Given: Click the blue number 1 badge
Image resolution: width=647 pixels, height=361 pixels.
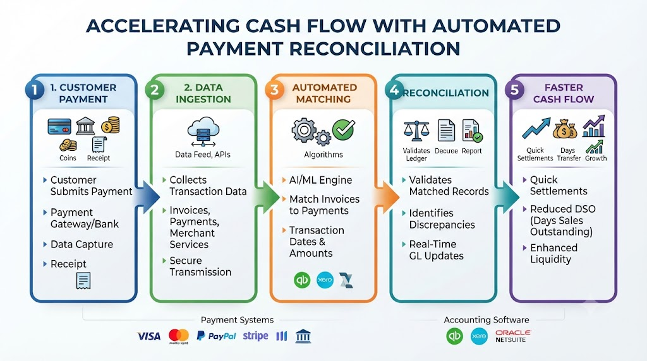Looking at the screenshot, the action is pos(35,90).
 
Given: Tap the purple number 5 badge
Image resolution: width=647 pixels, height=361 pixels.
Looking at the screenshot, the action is pos(514,90).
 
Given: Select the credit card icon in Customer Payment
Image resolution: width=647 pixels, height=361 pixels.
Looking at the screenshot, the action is pos(59,127).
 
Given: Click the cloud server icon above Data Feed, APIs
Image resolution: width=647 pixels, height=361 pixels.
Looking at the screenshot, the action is pos(203,132).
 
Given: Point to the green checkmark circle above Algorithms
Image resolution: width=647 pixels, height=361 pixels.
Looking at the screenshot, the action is pos(343,129).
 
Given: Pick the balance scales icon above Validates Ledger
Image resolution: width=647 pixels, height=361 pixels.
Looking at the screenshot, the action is pos(416,131).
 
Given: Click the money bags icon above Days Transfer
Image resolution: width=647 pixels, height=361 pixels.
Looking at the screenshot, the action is pos(565,129).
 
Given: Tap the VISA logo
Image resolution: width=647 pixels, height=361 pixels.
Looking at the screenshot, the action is pos(149,336).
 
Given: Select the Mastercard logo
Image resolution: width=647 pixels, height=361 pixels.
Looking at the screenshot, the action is pos(179,336).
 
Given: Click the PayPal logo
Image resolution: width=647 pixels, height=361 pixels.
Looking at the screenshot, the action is pos(216,336).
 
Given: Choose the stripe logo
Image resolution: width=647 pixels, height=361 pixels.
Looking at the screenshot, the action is pos(255,336).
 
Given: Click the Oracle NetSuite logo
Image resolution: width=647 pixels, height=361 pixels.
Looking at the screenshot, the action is pos(513,336).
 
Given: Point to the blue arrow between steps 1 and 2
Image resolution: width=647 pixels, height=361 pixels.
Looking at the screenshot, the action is pos(146,198).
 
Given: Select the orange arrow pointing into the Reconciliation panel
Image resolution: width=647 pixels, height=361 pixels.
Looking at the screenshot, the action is pos(387,197).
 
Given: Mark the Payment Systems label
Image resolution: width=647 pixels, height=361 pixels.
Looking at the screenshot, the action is pos(237,320).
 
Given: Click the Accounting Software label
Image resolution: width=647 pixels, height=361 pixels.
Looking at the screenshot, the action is pos(486,320).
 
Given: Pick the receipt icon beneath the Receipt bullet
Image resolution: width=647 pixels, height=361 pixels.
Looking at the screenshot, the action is pos(83,281).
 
